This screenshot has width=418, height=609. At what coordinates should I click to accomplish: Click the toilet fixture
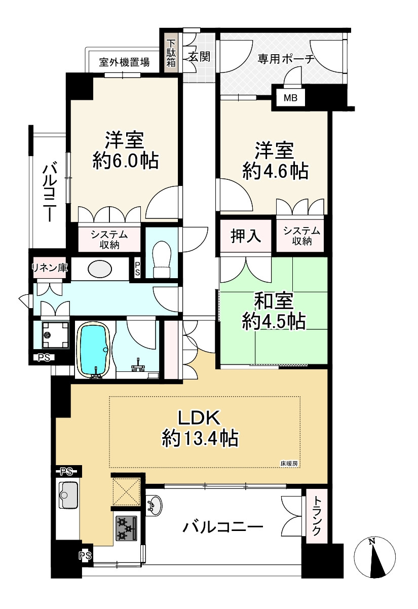pyautogui.click(x=162, y=259)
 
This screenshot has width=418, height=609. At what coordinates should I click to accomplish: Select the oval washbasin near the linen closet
pyautogui.click(x=100, y=269)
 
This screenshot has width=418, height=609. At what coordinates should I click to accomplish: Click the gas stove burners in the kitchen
pyautogui.click(x=126, y=528)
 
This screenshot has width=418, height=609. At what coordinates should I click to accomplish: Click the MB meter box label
pyautogui.click(x=290, y=98)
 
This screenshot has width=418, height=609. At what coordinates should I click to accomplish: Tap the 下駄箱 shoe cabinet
pyautogui.click(x=171, y=53)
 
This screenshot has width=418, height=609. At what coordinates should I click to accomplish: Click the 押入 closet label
pyautogui.click(x=246, y=236)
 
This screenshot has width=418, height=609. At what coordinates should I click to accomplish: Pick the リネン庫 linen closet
pyautogui.click(x=50, y=268)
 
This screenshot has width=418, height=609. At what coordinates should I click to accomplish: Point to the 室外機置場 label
pyautogui.click(x=124, y=63)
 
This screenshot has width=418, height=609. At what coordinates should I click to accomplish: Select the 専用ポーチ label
pyautogui.click(x=286, y=59)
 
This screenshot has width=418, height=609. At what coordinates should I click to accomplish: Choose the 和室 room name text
pyautogui.click(x=274, y=301)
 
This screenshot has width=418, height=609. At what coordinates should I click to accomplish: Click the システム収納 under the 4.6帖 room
pyautogui.click(x=301, y=236)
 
